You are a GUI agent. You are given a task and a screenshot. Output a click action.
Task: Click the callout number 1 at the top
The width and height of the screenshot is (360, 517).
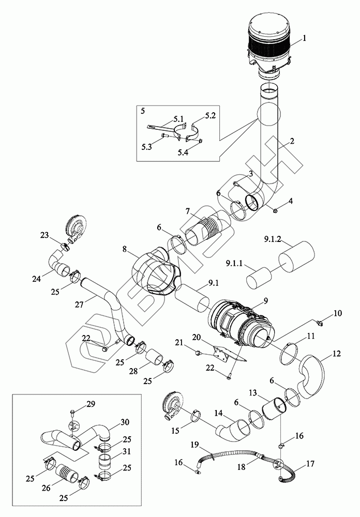point(304,38)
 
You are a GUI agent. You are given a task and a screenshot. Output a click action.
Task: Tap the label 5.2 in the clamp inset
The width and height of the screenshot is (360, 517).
point(210,115)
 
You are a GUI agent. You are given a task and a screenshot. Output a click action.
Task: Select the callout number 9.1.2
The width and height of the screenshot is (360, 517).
point(273,240)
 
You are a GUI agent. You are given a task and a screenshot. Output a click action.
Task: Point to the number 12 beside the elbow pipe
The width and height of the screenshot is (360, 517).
point(337,354)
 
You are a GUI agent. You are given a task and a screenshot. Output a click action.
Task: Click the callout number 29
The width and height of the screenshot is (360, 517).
point(91,404)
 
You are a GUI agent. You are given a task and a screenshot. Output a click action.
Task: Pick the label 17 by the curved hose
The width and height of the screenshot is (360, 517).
point(310,464)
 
